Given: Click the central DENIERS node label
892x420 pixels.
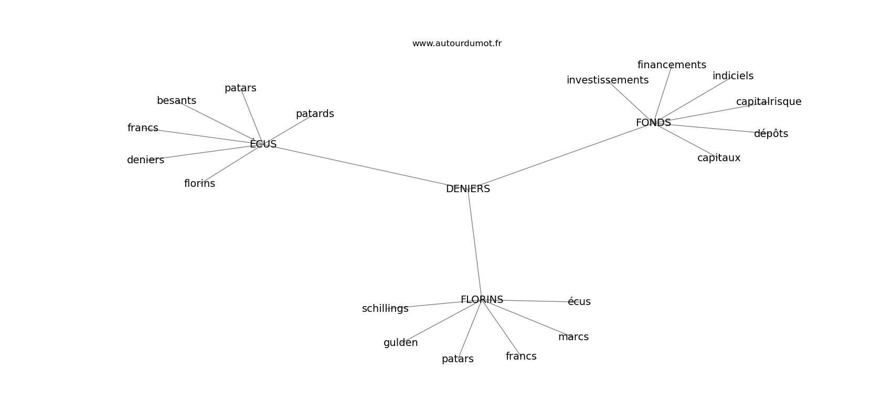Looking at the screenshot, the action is coord(468,189).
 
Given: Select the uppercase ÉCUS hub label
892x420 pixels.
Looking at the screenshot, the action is coord(263,143).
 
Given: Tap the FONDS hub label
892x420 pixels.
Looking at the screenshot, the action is coord(653,123).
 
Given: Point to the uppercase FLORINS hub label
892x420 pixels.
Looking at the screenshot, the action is coord(482,300).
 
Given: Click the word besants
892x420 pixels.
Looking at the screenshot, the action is coord(176,101).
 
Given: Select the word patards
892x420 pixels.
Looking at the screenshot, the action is coord(315,114).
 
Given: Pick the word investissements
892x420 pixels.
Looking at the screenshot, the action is coord(608,80).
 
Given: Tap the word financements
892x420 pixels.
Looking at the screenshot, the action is coord(672,65).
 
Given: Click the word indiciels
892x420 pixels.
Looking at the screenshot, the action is coord(733,76).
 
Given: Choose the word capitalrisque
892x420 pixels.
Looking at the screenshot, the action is coord(769,102).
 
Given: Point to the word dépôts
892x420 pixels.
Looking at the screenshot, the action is coord(771,134).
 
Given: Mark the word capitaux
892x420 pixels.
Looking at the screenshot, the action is coord(719,158).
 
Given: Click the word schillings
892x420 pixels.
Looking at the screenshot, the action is coord(385,309).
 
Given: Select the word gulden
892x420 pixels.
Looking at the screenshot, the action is coord(400,343).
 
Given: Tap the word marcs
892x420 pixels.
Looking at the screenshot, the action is coord(574,337).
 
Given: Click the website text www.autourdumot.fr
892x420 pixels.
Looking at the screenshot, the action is coord(456,44).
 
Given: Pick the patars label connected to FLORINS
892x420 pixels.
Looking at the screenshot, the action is coord(458,360).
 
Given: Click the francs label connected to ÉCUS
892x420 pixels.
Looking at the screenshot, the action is coord(143,128).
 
